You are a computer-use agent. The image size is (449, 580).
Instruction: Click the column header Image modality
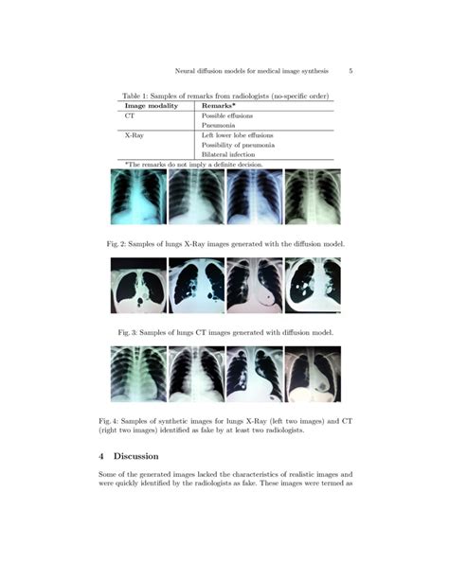click(152, 106)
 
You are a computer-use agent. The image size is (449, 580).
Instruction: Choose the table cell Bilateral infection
click(228, 154)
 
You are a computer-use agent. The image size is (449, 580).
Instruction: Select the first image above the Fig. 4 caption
click(138, 374)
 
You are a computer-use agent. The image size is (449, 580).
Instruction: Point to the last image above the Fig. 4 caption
click(314, 374)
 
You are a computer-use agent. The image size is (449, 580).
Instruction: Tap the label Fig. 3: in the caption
click(129, 333)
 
